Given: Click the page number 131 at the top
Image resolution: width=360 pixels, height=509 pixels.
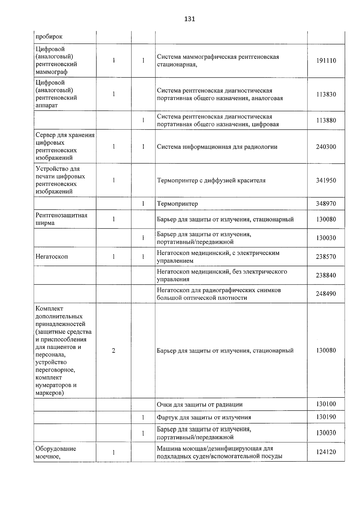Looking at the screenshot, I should pos(189,19).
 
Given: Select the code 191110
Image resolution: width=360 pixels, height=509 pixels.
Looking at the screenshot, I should pos(326,61).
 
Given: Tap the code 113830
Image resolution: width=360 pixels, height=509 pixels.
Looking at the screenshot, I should pos(326,94).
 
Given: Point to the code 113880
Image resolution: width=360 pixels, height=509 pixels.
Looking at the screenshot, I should pos(326,121).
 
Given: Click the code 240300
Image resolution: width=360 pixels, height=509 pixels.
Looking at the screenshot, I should pos(326,147).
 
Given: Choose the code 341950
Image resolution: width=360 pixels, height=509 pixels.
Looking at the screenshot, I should pos(326,181).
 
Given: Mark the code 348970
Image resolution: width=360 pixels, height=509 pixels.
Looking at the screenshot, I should pos(326,204).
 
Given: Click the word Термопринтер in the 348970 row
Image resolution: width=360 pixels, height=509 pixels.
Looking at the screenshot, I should pos(177,204).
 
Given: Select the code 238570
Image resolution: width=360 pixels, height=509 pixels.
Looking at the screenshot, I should pos(326,257).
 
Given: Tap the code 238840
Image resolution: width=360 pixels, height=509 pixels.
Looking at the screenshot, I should pos(326,275).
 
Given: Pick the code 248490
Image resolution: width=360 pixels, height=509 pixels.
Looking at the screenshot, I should pos(326,294).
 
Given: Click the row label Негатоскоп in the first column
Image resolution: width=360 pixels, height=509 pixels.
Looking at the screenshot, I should pos(52,257).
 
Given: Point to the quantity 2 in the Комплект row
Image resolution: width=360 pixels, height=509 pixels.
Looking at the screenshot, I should pos(114,351).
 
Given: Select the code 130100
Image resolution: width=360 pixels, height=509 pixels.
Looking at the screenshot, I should pos(326,404).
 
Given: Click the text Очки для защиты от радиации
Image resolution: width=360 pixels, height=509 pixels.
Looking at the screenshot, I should pos(199,405).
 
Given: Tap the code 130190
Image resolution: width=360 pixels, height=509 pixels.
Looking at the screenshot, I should pos(326,417).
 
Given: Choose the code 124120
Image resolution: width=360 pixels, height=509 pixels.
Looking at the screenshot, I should pos(326,452).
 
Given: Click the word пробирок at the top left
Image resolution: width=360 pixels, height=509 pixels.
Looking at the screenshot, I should pos(49,37).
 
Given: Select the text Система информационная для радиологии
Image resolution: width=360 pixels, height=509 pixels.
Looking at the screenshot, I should pos(217,147).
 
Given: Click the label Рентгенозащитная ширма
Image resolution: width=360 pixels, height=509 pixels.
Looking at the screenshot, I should pos(61,219).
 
